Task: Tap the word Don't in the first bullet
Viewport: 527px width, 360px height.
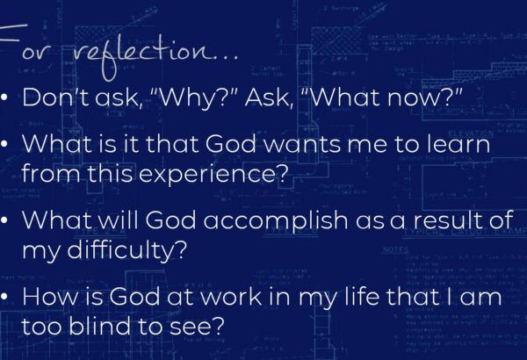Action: [55, 97]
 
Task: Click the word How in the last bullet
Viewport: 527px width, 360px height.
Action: [51, 297]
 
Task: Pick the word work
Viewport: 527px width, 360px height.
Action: [231, 297]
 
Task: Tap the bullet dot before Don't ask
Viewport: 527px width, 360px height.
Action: [4, 97]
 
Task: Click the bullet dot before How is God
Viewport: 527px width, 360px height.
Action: [4, 297]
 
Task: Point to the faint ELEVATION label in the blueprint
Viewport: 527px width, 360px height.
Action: [470, 133]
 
